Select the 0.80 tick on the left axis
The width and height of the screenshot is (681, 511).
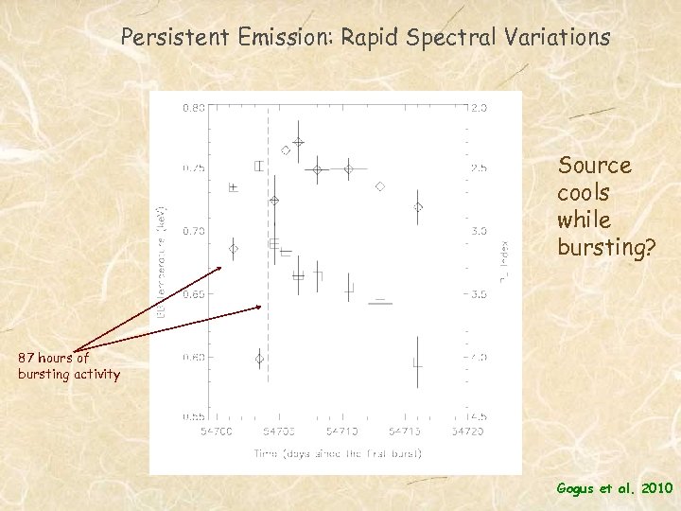192,107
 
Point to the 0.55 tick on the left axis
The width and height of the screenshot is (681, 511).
192,416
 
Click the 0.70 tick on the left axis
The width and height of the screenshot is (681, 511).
192,231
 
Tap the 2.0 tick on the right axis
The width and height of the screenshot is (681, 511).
480,107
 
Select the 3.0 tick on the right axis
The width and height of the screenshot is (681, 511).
480,231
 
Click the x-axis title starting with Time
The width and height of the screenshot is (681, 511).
337,453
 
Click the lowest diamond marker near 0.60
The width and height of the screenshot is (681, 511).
259,359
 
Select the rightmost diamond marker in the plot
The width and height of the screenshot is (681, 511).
417,206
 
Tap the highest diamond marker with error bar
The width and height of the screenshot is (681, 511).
298,143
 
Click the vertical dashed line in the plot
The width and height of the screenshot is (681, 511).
268,284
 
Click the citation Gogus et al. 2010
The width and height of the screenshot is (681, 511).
614,488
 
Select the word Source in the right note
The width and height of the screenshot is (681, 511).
594,166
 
